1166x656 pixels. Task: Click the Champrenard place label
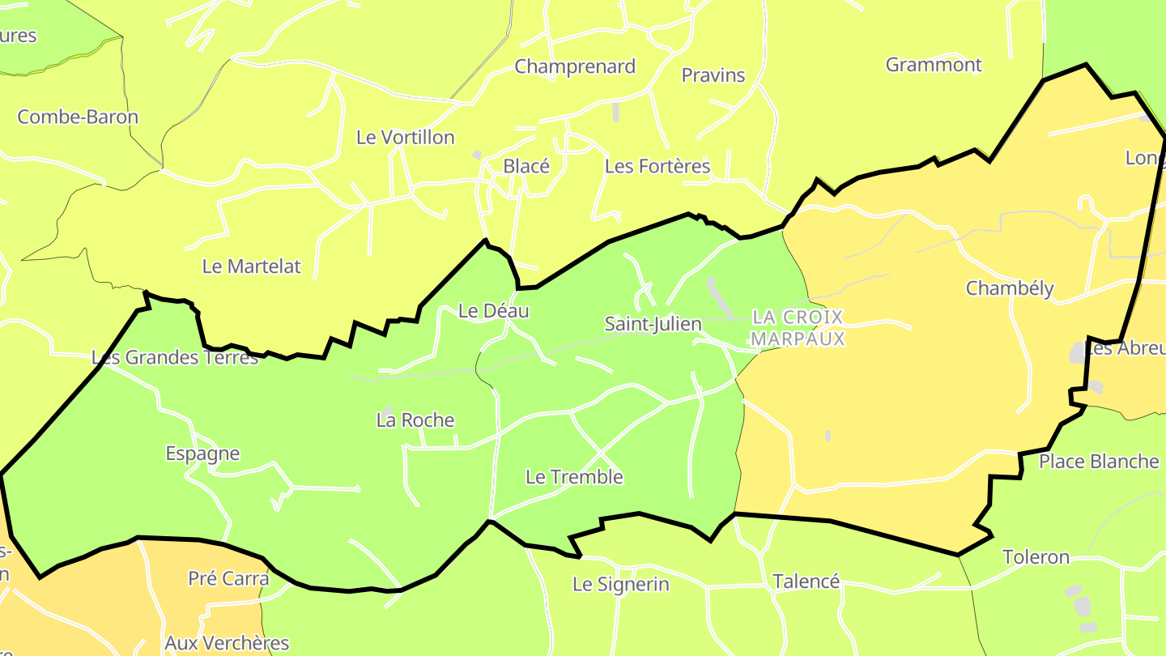575,66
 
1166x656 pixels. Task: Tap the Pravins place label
713,75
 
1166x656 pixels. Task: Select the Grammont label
934,65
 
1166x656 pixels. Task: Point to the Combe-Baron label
78,117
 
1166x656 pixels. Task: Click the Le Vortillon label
405,138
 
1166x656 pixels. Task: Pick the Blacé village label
526,166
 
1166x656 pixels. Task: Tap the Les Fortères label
657,167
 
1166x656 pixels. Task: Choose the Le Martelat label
251,266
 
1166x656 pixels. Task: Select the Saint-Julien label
653,324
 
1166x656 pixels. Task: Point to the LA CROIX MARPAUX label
798,328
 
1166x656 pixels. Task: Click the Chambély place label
1010,288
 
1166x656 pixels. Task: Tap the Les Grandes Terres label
175,357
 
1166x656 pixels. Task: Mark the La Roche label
415,420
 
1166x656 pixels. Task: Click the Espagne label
202,454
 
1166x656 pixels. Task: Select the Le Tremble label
574,477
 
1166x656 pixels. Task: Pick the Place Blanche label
1099,462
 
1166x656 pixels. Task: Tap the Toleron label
1036,557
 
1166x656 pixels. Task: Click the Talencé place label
806,581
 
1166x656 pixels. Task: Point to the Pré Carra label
228,579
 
